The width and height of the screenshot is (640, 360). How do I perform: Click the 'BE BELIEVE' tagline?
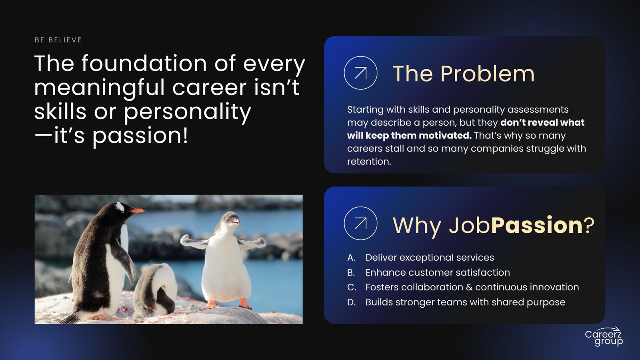coord(58,40)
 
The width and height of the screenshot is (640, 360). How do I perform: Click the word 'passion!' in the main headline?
coord(140,136)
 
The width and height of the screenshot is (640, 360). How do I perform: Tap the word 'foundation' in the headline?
coord(144,63)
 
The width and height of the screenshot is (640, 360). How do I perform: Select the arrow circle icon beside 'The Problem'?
coord(360,73)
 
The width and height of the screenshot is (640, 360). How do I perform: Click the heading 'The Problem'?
coord(464,74)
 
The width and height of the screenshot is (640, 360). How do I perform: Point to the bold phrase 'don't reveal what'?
coord(542,122)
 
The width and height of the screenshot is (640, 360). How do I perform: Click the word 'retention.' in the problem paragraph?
coord(369,162)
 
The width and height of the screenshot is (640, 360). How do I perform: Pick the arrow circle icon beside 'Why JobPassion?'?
coord(360,223)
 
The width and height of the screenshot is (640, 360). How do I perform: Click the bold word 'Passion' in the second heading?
coord(536,225)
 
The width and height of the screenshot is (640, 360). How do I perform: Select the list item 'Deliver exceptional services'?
coord(430,258)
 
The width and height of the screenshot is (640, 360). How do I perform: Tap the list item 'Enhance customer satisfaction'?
coord(438,272)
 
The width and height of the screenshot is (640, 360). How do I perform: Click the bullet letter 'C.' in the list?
coord(352,287)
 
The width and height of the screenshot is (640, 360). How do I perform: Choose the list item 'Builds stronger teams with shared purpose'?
coord(466,302)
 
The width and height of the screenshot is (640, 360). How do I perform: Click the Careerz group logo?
coord(604,337)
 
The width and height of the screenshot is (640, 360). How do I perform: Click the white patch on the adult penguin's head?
coord(120,207)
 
